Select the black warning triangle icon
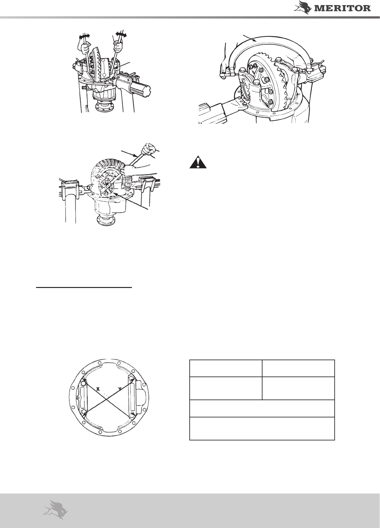click(x=198, y=162)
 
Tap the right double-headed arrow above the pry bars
click(x=121, y=35)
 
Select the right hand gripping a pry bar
click(x=117, y=45)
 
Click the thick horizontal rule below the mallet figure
click(x=84, y=288)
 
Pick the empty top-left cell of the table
click(x=226, y=368)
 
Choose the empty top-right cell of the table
click(x=298, y=368)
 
